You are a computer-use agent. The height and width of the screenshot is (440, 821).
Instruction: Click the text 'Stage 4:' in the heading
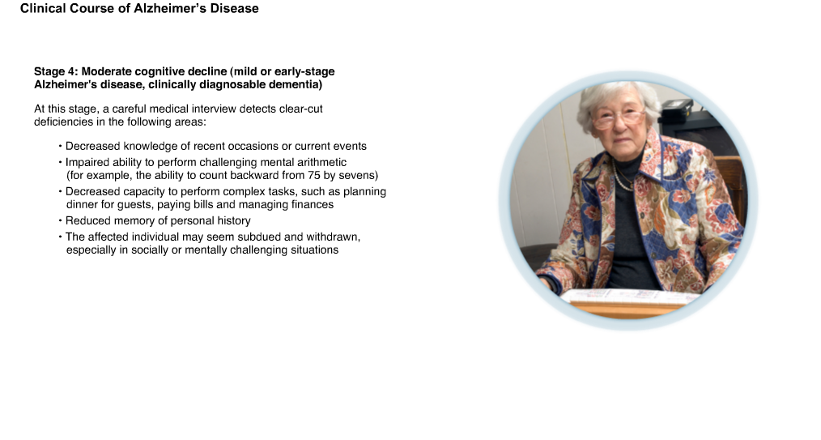tap(56, 72)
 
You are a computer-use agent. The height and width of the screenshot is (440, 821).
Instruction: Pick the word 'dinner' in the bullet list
tap(82, 205)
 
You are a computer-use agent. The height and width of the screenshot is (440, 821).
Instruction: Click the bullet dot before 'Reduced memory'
tap(60, 220)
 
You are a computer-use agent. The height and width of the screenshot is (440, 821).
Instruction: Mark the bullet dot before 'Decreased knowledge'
tap(60, 146)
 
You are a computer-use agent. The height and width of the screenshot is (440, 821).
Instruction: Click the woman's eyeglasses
tap(618, 118)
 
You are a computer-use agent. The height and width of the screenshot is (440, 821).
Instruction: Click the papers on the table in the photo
tap(628, 296)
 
